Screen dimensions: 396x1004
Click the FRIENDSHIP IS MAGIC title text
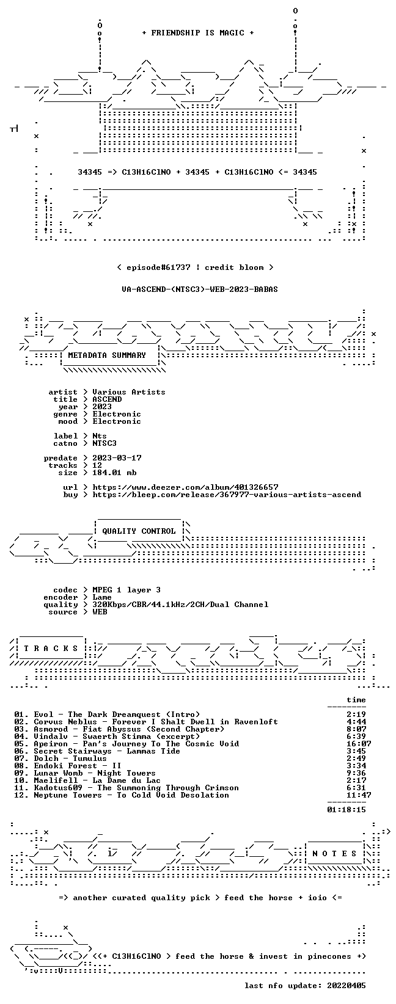[x=198, y=33]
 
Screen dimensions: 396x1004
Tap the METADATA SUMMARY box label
[x=107, y=355]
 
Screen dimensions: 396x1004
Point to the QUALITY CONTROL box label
[x=139, y=531]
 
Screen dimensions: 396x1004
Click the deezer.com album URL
[x=185, y=487]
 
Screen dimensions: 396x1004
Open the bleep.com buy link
[x=227, y=495]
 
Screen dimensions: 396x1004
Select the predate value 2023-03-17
[x=117, y=457]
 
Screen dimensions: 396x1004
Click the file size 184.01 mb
[x=114, y=473]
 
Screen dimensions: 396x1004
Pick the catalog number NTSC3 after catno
[x=105, y=443]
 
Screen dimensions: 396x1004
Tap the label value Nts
[x=100, y=435]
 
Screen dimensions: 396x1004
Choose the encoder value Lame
[x=102, y=597]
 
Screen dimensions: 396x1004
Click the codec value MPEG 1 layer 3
[x=127, y=590]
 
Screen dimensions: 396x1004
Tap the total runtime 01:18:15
[x=346, y=809]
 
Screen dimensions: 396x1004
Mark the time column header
[x=356, y=700]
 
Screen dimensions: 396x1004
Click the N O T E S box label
[x=334, y=853]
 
